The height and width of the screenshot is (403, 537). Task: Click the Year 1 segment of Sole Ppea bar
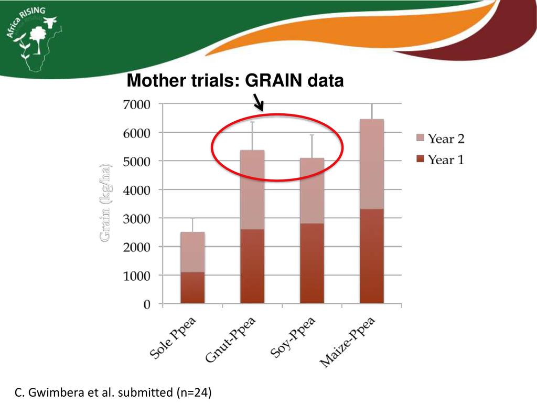click(x=192, y=288)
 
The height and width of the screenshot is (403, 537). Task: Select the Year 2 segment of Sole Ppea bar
click(x=192, y=252)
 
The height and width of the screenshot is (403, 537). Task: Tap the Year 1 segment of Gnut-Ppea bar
click(x=252, y=266)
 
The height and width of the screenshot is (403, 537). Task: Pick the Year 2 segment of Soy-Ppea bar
click(x=312, y=190)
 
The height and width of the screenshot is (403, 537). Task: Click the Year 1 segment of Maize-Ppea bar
click(x=372, y=256)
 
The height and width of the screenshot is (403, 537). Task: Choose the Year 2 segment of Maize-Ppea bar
click(x=372, y=164)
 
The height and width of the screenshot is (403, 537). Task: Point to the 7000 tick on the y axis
click(x=136, y=104)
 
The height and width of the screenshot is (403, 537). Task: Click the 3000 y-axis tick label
click(x=136, y=218)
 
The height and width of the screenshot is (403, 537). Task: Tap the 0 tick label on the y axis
click(x=147, y=304)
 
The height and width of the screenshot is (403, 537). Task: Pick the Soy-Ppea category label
click(x=293, y=337)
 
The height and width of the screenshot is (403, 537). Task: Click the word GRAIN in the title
click(x=274, y=81)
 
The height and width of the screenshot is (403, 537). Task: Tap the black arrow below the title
click(x=259, y=102)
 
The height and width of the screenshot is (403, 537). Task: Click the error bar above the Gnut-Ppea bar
click(x=252, y=135)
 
